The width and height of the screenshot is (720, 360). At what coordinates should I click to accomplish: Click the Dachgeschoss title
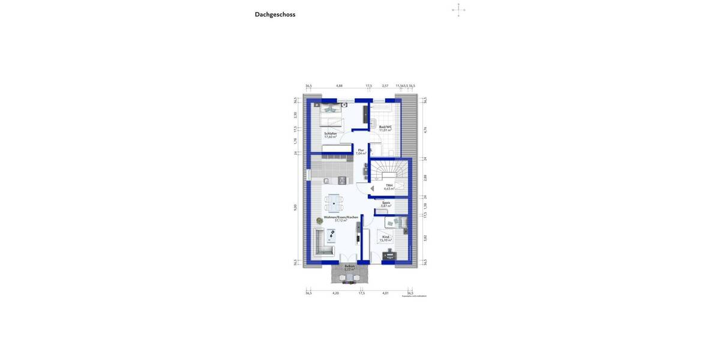275,14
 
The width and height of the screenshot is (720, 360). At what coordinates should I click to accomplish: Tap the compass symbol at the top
459,10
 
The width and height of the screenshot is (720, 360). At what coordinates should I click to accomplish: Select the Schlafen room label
331,135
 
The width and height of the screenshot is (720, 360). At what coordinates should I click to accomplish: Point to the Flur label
361,152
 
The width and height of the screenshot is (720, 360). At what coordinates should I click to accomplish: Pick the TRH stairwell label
389,187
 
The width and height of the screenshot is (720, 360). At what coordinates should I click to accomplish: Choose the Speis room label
386,204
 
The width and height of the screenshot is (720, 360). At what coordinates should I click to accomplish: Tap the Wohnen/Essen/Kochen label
341,218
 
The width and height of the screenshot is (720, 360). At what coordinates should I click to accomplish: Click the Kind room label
386,238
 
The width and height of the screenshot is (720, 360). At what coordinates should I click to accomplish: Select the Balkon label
350,267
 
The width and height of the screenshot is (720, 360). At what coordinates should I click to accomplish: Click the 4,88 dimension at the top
339,86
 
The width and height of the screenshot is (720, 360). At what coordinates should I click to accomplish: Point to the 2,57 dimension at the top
385,86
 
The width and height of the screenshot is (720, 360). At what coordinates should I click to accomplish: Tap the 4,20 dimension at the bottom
335,293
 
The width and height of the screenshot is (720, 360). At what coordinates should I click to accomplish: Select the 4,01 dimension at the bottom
386,293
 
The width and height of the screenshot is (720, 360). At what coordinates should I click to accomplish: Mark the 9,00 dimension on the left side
295,207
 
